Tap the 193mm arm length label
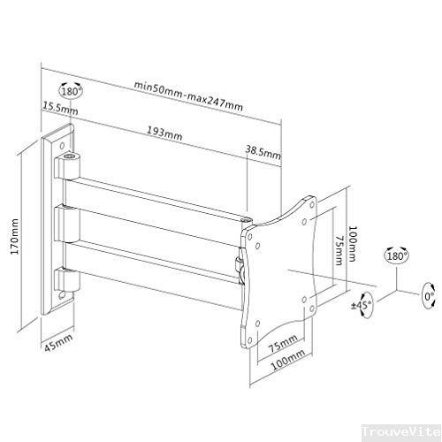pos(164,133)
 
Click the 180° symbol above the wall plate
pos(71,90)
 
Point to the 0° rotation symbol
pos(430,292)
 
